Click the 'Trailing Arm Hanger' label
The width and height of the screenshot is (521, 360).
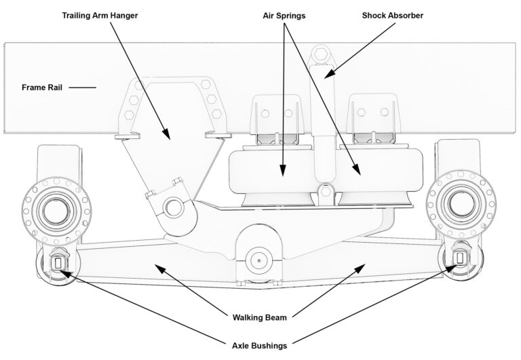point(100,15)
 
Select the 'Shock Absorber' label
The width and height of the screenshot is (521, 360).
point(393,15)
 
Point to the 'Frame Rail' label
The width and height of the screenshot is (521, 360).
point(42,87)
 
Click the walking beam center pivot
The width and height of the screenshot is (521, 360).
point(258,259)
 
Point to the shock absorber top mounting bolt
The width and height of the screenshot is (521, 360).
point(320,56)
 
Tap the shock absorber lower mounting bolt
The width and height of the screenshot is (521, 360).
point(326,192)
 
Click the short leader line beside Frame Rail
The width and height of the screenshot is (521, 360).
point(81,87)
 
